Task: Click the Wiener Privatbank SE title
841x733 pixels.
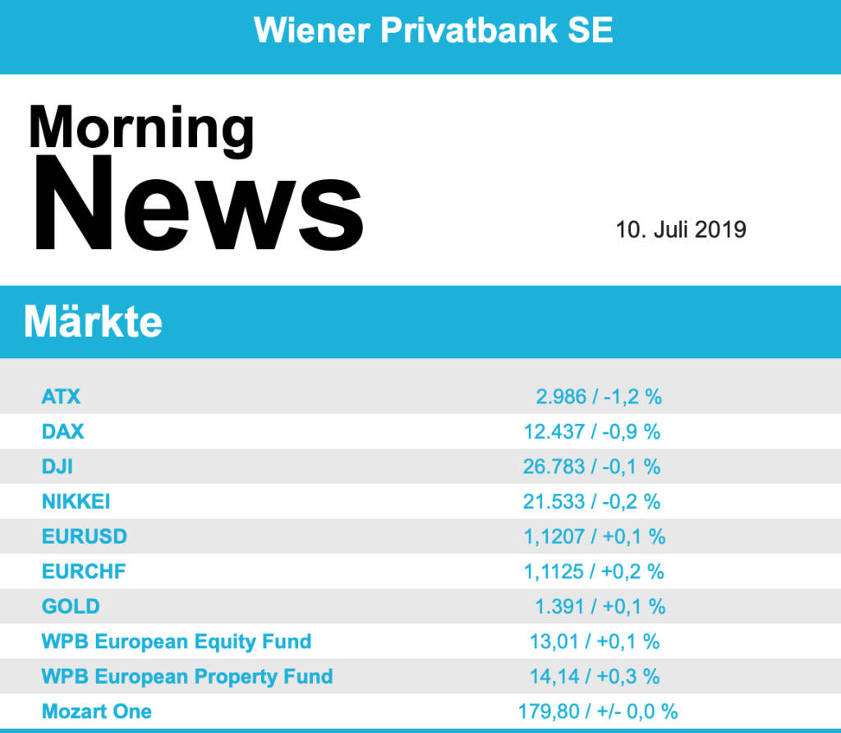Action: (x=433, y=30)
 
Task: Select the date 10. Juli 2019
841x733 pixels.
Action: (x=681, y=229)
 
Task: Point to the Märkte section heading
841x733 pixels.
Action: (x=93, y=322)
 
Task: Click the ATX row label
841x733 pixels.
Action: (x=62, y=397)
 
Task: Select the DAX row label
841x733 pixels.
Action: (x=63, y=431)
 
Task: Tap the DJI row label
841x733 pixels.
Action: (x=57, y=467)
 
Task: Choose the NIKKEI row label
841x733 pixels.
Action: (x=76, y=501)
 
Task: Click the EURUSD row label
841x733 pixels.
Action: (x=85, y=537)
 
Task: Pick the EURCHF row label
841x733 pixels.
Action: (x=84, y=571)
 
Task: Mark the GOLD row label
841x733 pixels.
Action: (x=71, y=606)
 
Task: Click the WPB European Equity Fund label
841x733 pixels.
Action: (x=177, y=641)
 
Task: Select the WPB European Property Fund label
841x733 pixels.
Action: (x=187, y=676)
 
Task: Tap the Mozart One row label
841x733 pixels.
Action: (x=97, y=711)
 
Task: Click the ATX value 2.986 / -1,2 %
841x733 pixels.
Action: (x=599, y=397)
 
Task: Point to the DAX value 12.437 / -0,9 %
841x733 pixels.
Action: (x=592, y=431)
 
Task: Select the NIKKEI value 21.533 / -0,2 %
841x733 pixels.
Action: (x=592, y=501)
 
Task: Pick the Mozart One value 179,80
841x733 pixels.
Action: (x=546, y=711)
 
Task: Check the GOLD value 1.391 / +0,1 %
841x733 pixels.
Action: (x=600, y=606)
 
